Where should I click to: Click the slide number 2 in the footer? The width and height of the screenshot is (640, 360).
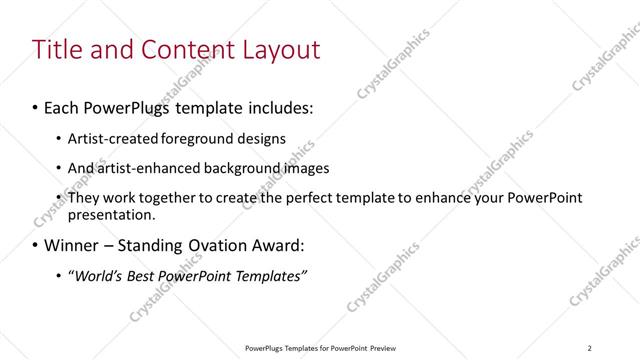click(590, 348)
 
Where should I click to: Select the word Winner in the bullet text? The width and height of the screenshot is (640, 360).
click(72, 245)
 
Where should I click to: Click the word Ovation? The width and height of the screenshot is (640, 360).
click(203, 245)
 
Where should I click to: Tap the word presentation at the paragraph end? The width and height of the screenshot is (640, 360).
click(111, 214)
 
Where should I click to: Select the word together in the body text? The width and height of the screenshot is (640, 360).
click(154, 198)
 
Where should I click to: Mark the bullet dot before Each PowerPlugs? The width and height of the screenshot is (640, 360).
click(36, 106)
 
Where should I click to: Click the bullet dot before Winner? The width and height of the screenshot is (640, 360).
click(36, 245)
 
